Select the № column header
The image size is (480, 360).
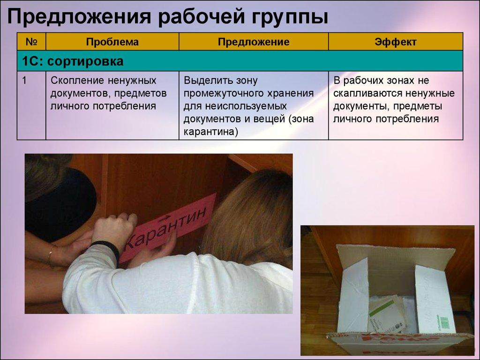(x=31, y=42)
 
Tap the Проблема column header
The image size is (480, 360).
(x=112, y=42)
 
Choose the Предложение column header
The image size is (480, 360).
(x=253, y=42)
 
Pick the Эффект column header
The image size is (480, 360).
(x=395, y=42)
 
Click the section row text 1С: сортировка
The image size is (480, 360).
(x=73, y=61)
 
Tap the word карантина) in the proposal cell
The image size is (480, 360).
(x=211, y=132)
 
